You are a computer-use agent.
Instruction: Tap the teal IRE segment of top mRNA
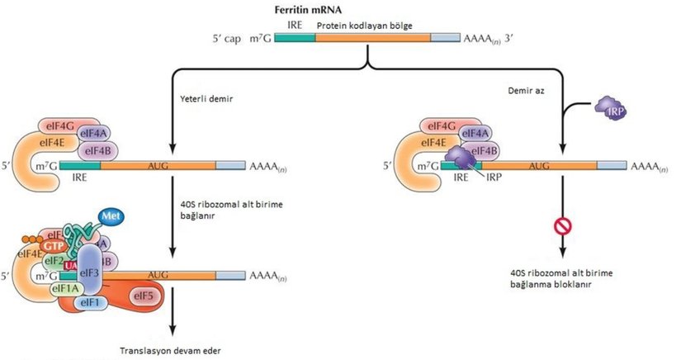pyautogui.click(x=294, y=38)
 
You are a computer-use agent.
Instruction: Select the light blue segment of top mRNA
pyautogui.click(x=446, y=38)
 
